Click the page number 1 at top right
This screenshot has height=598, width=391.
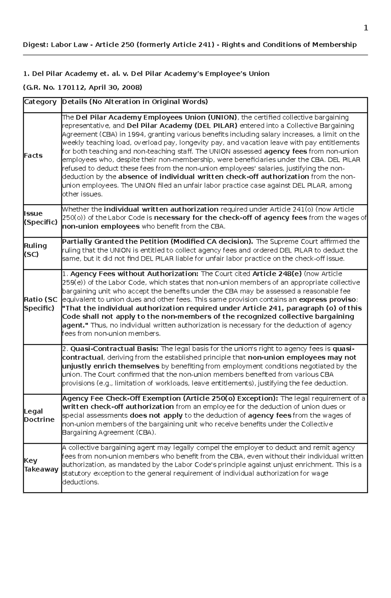pyautogui.click(x=366, y=28)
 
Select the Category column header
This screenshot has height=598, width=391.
pyautogui.click(x=40, y=102)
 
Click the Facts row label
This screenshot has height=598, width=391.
pyautogui.click(x=33, y=155)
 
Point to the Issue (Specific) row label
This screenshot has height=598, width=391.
pyautogui.click(x=40, y=218)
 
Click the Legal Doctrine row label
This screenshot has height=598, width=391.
pyautogui.click(x=39, y=415)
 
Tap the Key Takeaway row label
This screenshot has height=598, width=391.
pyautogui.click(x=41, y=465)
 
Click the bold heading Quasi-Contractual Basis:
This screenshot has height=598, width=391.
pyautogui.click(x=115, y=349)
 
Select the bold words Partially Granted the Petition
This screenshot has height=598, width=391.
pyautogui.click(x=116, y=241)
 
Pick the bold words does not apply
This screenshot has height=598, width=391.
pyautogui.click(x=156, y=415)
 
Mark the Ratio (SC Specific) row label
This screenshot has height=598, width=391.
pyautogui.click(x=40, y=304)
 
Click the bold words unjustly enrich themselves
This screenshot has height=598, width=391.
pyautogui.click(x=110, y=366)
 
